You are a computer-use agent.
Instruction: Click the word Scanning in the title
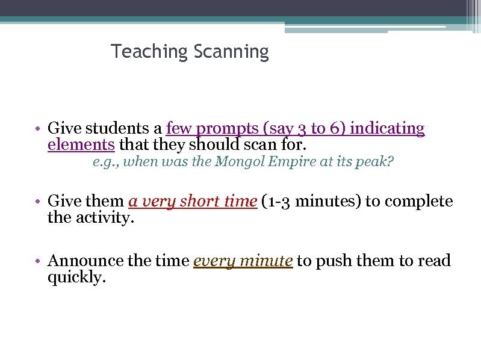(x=231, y=52)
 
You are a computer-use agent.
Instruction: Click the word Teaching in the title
(x=150, y=52)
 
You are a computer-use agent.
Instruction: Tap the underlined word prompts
(x=225, y=129)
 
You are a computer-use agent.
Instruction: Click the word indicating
(x=387, y=129)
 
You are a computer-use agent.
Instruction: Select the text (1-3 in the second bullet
(x=276, y=201)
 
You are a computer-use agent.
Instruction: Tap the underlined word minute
(x=266, y=261)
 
